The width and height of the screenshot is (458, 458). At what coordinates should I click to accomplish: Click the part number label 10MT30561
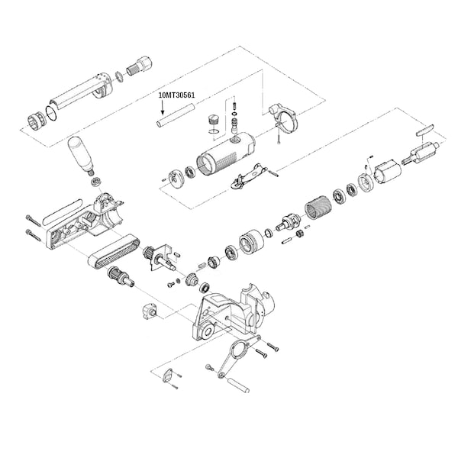[176, 95]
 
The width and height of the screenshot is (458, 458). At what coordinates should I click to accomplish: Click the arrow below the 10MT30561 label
[163, 107]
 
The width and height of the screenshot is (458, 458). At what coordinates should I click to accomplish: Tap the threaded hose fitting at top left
[140, 67]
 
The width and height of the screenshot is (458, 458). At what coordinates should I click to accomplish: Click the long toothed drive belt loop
[114, 251]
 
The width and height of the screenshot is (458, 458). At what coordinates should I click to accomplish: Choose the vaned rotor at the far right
[421, 153]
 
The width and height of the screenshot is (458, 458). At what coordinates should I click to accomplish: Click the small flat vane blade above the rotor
[425, 129]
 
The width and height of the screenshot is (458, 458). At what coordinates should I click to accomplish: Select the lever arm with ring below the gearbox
[238, 356]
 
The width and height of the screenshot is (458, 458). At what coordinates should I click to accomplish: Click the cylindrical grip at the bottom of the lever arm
[239, 385]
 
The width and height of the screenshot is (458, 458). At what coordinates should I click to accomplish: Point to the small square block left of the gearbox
[150, 311]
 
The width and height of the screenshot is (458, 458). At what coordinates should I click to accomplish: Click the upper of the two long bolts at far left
[33, 221]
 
